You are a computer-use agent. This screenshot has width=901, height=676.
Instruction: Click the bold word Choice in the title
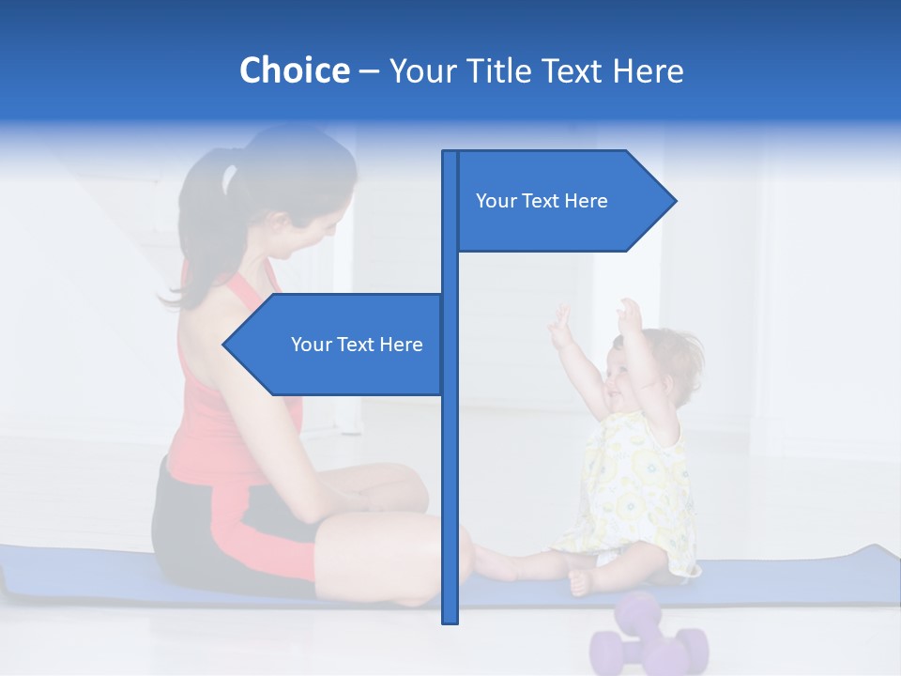[x=294, y=70]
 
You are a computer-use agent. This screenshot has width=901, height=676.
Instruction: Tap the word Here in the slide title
[x=648, y=70]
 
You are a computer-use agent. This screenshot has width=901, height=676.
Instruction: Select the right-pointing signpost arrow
[x=563, y=201]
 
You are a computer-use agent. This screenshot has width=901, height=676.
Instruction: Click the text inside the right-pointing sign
[x=542, y=201]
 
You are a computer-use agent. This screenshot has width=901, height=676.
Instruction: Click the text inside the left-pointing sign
[x=357, y=345]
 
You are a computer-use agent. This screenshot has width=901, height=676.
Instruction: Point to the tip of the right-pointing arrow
[x=674, y=201]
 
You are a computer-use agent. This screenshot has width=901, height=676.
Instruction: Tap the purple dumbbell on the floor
[x=648, y=638]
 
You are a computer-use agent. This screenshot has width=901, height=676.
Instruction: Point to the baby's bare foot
[x=581, y=581]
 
